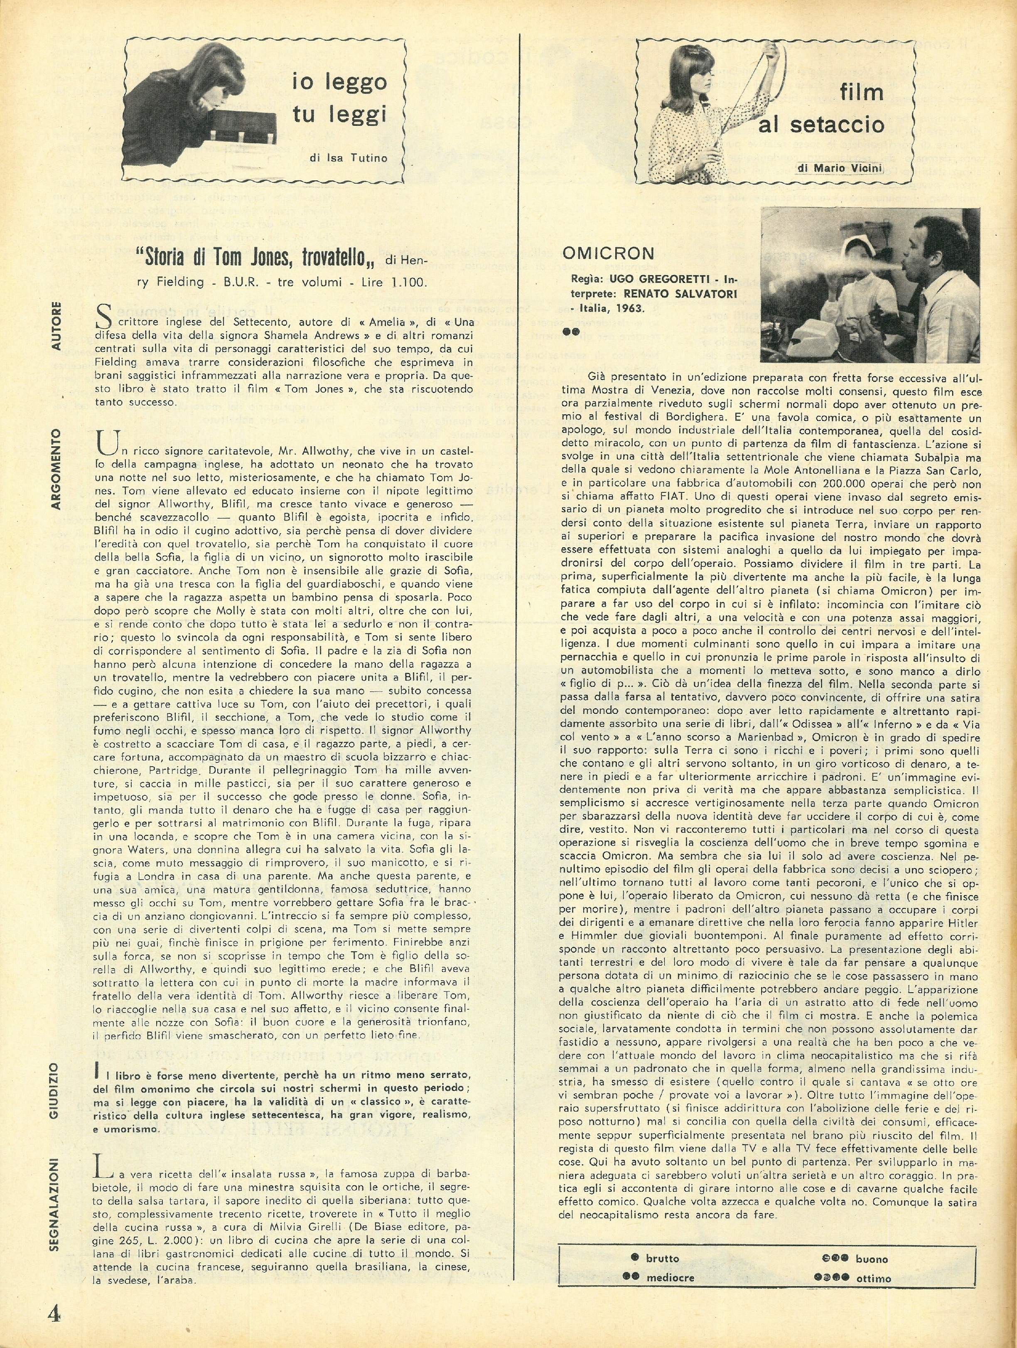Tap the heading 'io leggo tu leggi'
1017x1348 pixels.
tap(339, 98)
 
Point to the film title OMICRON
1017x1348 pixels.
tap(608, 253)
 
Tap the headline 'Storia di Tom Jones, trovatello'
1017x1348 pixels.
tap(258, 258)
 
